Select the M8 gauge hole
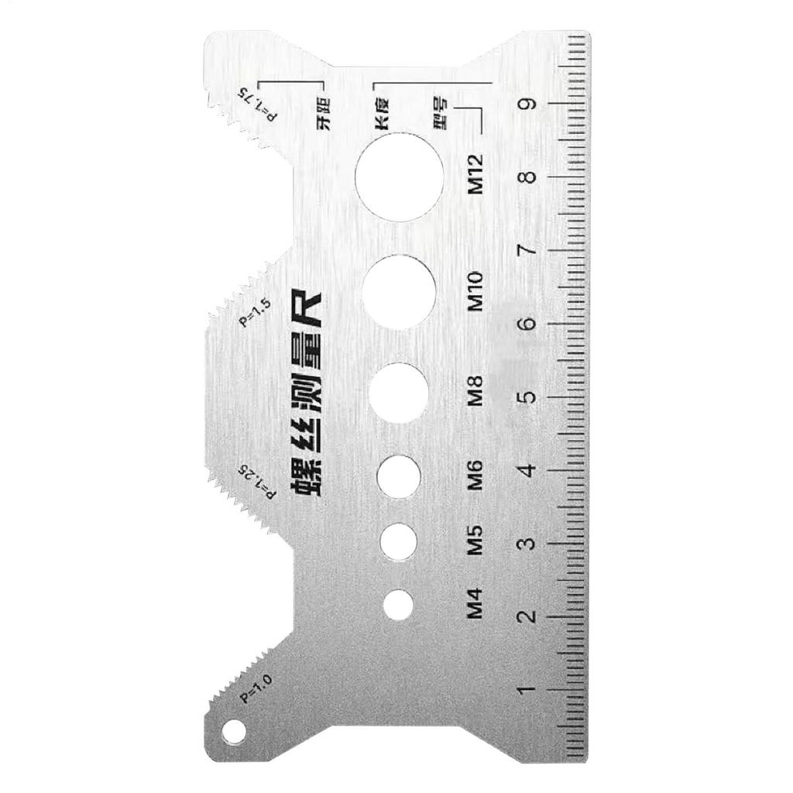tap(399, 392)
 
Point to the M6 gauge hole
tap(398, 475)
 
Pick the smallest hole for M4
tap(398, 604)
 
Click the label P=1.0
tap(256, 688)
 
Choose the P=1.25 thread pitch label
tap(256, 480)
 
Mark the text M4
tap(475, 604)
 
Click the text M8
tap(475, 392)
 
